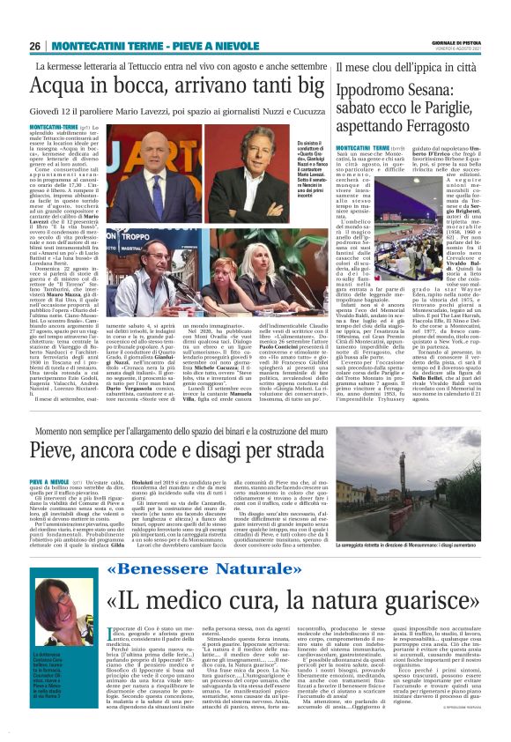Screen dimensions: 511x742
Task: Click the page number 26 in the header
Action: tap(35, 46)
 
